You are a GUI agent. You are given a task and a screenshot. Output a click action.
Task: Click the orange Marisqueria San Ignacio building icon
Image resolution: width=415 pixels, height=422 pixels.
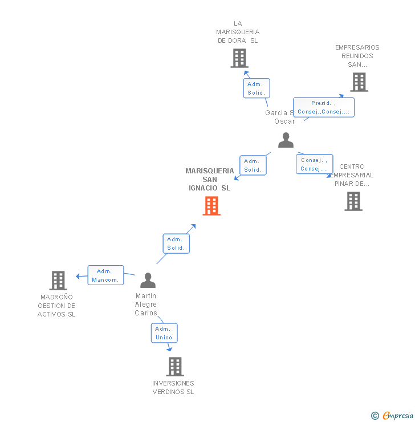(211, 206)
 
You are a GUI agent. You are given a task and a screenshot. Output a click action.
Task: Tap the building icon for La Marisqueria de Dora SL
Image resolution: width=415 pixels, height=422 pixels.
(239, 58)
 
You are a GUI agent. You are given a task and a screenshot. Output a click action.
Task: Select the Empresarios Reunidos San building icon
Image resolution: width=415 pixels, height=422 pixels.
(359, 82)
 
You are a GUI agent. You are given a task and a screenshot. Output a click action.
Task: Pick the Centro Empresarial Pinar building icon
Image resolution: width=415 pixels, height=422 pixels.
(353, 201)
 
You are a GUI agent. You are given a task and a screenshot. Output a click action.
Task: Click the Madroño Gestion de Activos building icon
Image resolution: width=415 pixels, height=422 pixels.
(58, 281)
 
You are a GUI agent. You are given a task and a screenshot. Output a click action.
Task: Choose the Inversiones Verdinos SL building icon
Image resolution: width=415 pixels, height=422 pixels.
(175, 366)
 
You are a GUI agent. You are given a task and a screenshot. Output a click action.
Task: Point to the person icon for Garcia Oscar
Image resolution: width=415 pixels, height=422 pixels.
(286, 140)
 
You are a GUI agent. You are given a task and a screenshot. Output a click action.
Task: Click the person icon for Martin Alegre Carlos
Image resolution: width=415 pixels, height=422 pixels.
(148, 280)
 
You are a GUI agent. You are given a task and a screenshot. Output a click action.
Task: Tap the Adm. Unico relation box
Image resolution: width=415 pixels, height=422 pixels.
(164, 333)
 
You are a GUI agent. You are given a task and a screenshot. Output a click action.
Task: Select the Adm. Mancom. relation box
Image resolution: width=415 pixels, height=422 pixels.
(105, 275)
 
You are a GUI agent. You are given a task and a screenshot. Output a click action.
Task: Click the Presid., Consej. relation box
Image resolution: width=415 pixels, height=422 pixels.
(324, 107)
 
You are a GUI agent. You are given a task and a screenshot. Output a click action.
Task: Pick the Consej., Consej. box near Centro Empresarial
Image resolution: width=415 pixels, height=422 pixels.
(314, 164)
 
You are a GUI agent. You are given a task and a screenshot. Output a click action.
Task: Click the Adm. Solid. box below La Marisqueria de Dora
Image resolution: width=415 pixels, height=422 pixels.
(257, 88)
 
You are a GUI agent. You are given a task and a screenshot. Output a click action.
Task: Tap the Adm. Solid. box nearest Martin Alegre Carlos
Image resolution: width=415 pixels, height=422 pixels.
(176, 244)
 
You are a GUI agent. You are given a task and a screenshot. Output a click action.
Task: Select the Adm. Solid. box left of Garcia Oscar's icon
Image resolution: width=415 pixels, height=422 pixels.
(253, 165)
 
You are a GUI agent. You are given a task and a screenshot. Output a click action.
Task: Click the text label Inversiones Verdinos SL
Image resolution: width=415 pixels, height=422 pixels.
(173, 387)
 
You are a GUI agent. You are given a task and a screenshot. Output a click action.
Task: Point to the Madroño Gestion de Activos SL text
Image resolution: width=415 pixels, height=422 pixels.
(56, 306)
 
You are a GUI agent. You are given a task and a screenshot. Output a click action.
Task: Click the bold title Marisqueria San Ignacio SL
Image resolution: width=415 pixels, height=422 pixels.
(210, 179)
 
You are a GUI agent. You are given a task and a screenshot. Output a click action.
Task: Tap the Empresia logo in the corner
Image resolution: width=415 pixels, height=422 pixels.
(393, 415)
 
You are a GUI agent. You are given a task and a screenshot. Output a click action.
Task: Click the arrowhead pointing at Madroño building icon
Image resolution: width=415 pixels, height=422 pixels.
(78, 277)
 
